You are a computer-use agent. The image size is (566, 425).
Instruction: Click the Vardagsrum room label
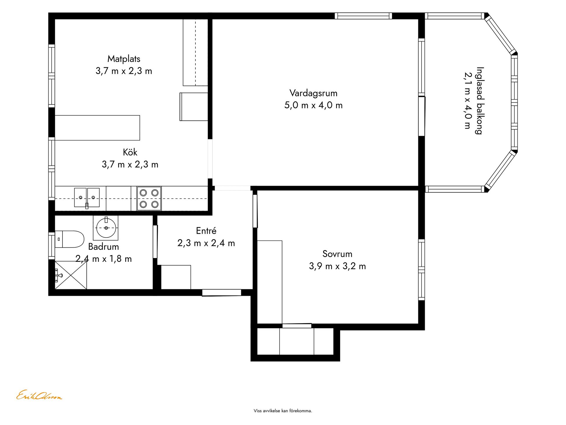pos(313,93)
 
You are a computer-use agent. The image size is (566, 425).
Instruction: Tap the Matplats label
pos(124,59)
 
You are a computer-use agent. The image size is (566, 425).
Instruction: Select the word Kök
pos(130,152)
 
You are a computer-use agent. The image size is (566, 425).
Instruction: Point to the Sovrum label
pos(337,254)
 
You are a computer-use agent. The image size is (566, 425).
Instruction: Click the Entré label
pos(206,231)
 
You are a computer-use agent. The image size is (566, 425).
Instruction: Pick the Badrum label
pos(103,246)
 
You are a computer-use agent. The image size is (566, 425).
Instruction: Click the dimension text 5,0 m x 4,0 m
pos(313,105)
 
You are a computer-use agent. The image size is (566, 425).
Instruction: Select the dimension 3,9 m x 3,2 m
pos(337,266)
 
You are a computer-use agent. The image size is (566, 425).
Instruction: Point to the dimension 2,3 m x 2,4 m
pos(206,243)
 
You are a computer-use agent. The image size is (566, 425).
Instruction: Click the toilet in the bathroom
pos(69,239)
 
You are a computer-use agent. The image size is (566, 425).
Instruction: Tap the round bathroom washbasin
pos(106,228)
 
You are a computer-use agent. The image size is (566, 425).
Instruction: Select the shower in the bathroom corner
pos(71,275)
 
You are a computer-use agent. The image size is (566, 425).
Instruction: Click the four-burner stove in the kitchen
pos(149,198)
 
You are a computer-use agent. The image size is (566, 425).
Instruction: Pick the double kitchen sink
pos(87,197)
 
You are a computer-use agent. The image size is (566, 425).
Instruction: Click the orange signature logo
pos(39,395)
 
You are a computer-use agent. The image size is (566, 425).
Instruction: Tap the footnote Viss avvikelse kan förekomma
pos(283,411)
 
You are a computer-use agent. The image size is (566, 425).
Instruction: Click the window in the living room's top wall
pos(363,16)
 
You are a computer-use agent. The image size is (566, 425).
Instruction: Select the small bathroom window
pos(52,246)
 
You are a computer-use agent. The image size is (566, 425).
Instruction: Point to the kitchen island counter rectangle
pos(97,128)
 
